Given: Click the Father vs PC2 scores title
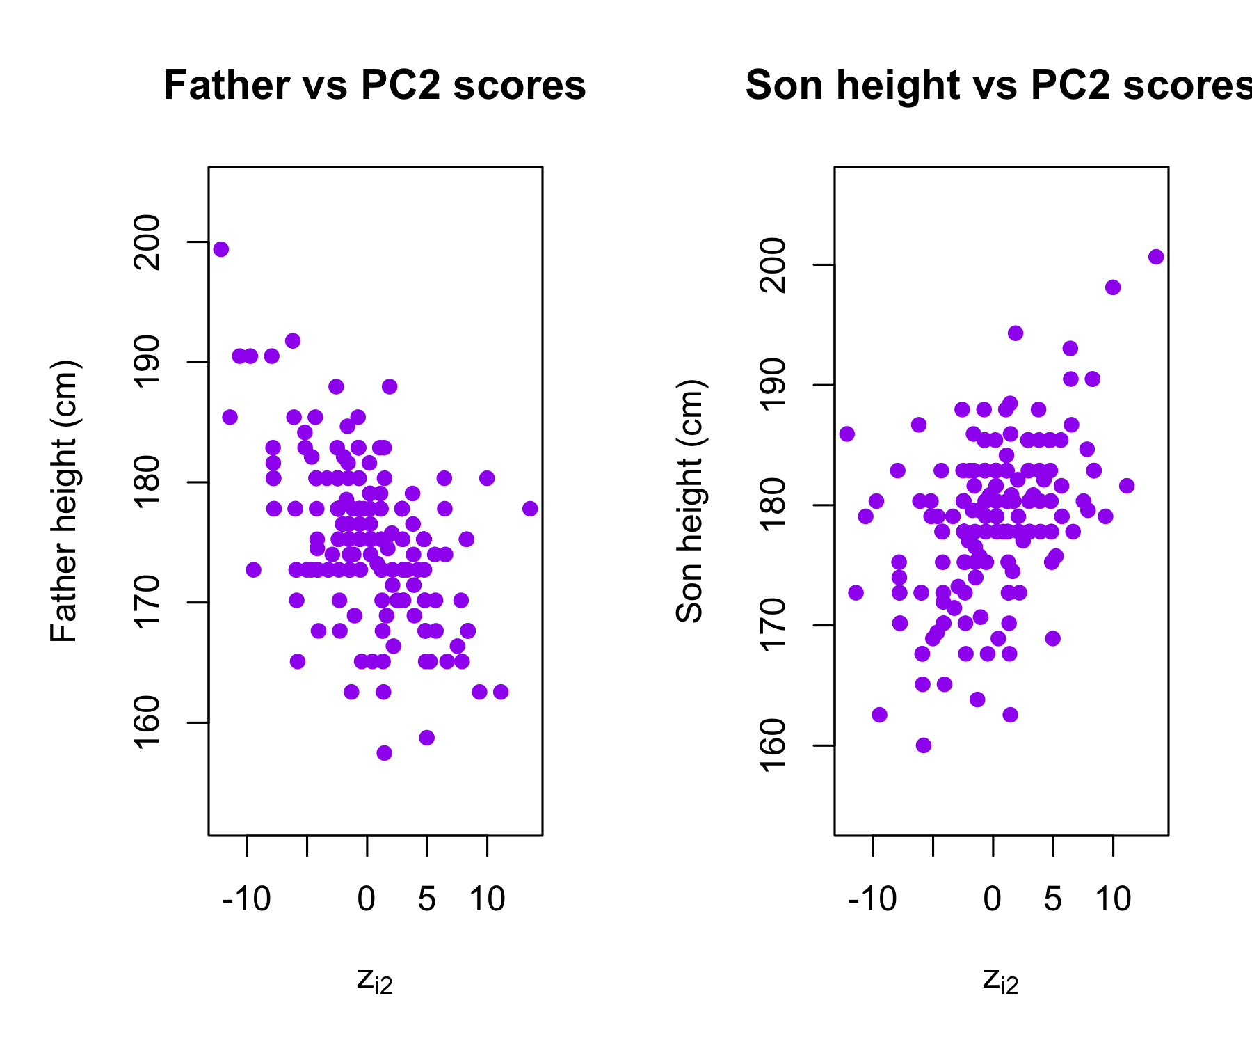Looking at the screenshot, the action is [375, 86].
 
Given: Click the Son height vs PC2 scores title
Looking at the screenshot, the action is [998, 86].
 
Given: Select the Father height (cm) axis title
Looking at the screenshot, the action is [64, 501].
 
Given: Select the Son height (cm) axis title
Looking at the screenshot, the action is [690, 501].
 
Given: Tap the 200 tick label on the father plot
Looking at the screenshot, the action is [147, 242].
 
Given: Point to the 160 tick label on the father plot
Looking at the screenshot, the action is [147, 722].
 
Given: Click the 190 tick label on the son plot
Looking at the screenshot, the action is [773, 385].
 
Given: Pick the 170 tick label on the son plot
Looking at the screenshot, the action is [773, 625].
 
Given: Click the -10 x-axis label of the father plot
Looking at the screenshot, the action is [246, 899].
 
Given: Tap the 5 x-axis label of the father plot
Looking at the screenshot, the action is [427, 899].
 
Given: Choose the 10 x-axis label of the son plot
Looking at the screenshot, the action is [1113, 899].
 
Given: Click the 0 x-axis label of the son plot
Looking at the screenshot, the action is [993, 899].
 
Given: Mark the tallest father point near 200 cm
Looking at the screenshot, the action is [221, 249].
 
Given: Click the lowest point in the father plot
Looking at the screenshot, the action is [384, 753].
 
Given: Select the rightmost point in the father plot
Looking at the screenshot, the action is [530, 509].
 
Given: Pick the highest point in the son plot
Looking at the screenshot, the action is [1156, 257].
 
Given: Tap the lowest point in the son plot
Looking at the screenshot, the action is [924, 745].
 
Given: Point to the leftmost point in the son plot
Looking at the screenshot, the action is [846, 434].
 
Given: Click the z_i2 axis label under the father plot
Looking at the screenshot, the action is [375, 981].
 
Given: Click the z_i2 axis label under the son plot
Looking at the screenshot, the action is [1001, 981].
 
